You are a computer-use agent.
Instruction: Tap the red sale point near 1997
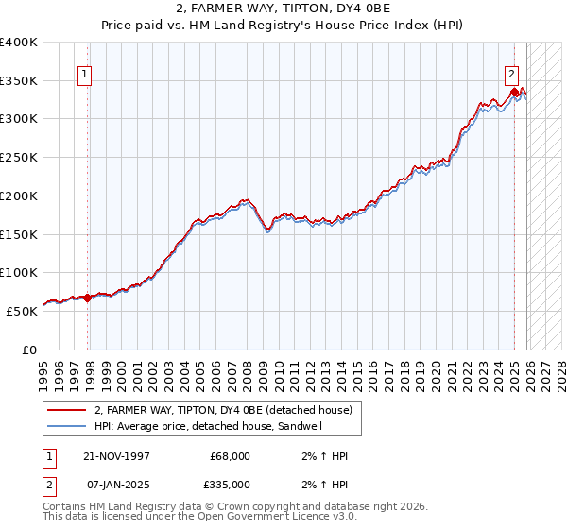88,298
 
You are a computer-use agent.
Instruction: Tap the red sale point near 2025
514,93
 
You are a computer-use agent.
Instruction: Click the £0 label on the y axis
30,350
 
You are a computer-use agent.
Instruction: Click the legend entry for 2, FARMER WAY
223,410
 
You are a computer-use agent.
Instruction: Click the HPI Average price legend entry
209,427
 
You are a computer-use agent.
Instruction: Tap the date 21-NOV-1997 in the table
117,456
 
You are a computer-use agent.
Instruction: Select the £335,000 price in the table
230,485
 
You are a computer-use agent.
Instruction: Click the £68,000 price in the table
230,456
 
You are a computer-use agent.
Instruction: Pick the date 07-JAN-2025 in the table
117,485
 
